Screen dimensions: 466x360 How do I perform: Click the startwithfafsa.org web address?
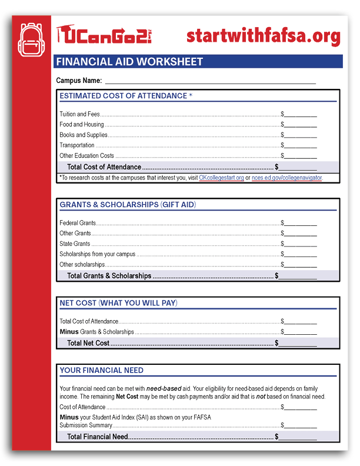pyautogui.click(x=263, y=36)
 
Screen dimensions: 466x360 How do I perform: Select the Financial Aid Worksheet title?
pyautogui.click(x=129, y=62)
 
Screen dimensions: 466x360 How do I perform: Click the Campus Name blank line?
pyautogui.click(x=210, y=81)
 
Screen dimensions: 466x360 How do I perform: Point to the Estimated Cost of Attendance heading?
pyautogui.click(x=126, y=96)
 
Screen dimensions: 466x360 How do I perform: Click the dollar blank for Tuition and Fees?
pyautogui.click(x=301, y=114)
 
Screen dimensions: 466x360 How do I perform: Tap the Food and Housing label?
pyautogui.click(x=82, y=125)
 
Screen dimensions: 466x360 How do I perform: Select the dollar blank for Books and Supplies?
pyautogui.click(x=301, y=135)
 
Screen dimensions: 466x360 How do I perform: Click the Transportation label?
pyautogui.click(x=77, y=145)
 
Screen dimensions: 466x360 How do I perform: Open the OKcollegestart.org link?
pyautogui.click(x=221, y=178)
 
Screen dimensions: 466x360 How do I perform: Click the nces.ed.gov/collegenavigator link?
pyautogui.click(x=286, y=178)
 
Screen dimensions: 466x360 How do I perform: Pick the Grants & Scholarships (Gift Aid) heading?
pyautogui.click(x=128, y=205)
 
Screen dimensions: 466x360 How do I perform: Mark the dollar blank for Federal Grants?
pyautogui.click(x=301, y=224)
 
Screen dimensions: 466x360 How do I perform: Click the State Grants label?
pyautogui.click(x=75, y=244)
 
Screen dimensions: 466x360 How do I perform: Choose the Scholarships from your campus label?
pyautogui.click(x=98, y=254)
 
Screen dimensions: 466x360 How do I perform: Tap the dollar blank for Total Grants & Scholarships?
pyautogui.click(x=298, y=275)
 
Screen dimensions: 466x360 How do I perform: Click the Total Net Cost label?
pyautogui.click(x=88, y=343)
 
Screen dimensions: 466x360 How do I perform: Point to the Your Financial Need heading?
pyautogui.click(x=101, y=371)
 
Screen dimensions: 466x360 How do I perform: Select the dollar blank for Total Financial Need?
pyautogui.click(x=298, y=437)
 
